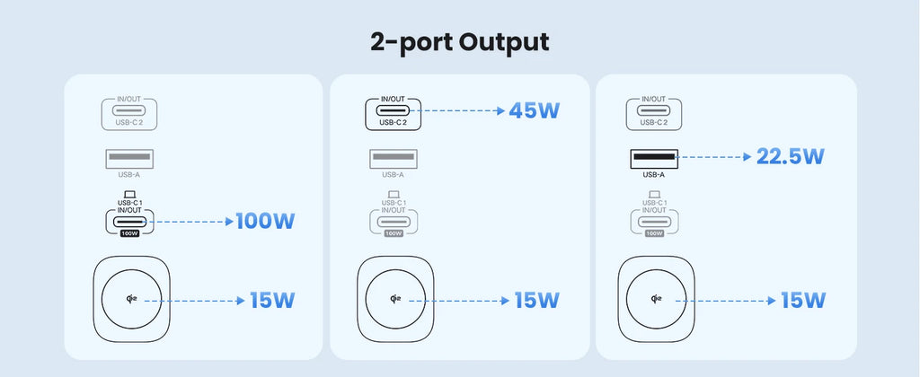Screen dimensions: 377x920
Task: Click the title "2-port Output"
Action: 459,41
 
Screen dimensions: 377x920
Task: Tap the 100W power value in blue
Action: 264,221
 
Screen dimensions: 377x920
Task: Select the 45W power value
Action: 534,111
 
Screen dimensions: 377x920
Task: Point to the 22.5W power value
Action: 790,157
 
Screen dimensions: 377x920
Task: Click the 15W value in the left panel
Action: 270,300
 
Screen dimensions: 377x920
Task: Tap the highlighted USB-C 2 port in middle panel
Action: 393,114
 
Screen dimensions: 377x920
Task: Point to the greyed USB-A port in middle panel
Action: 393,159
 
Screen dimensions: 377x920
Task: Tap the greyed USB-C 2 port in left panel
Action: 129,114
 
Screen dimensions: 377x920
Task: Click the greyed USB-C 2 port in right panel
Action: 654,114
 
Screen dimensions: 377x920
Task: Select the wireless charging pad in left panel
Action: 132,300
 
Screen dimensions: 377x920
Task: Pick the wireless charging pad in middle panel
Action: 395,300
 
